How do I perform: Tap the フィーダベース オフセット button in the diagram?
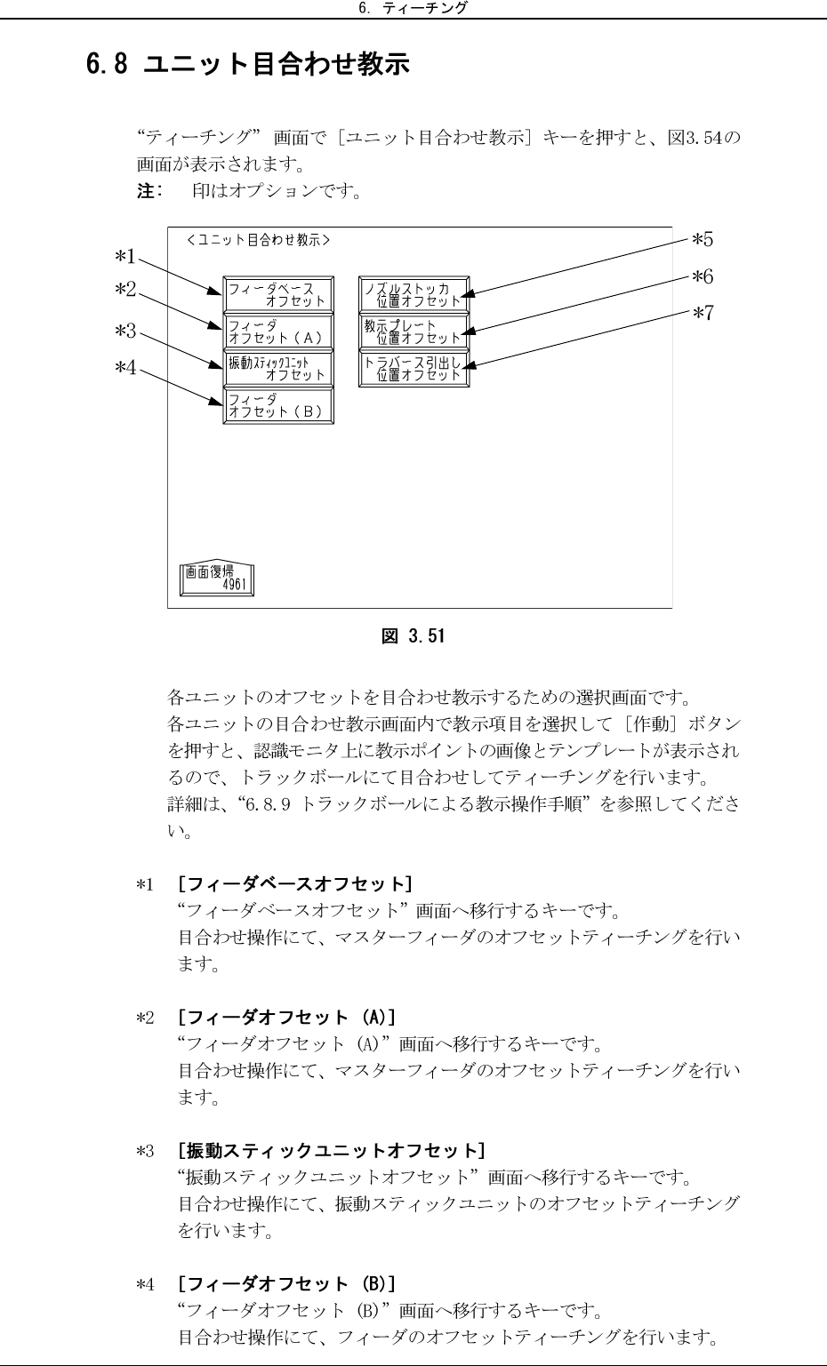tap(278, 295)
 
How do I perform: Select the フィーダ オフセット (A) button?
tap(278, 332)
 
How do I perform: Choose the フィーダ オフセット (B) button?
tap(278, 405)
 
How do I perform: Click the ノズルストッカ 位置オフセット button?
tap(413, 295)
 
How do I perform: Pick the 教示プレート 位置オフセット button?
tap(413, 332)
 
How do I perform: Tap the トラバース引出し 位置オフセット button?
tap(413, 368)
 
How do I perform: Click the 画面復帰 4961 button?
tap(217, 578)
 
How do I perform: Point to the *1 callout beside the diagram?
tap(125, 257)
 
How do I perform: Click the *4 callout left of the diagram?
tap(125, 366)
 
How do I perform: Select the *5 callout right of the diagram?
tap(703, 239)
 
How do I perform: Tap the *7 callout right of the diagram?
tap(703, 313)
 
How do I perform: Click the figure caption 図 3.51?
tap(413, 636)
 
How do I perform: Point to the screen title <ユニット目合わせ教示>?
tap(259, 240)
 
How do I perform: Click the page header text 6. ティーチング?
tap(413, 9)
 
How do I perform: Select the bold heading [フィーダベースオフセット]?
tap(294, 884)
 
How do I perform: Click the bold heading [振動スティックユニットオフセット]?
tap(331, 1152)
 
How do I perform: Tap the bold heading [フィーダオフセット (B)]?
tap(286, 1284)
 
